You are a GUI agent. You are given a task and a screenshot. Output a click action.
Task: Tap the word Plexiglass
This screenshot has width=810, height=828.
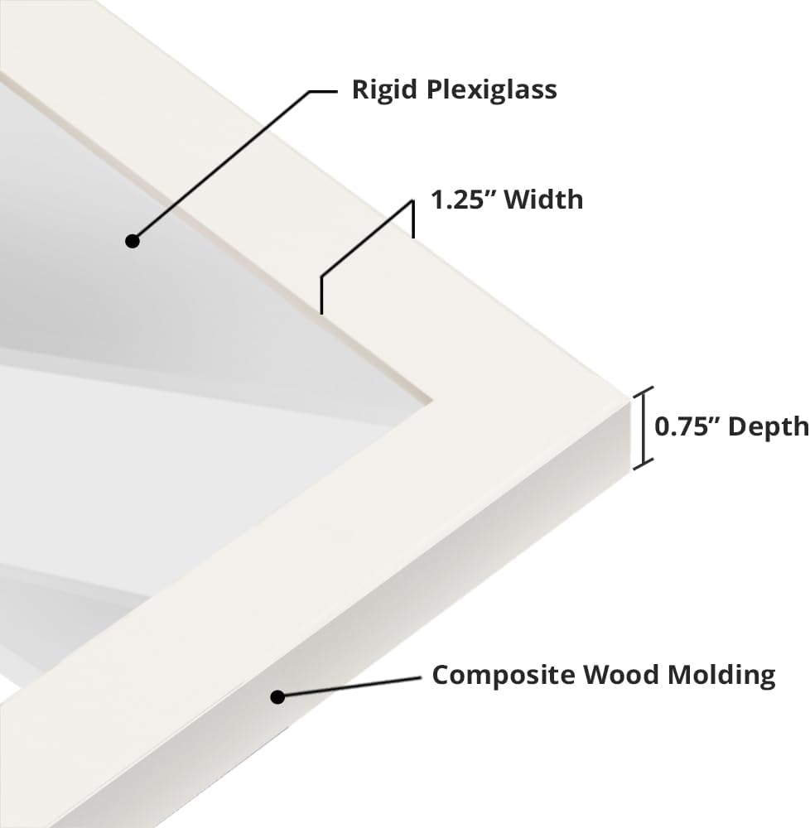pyautogui.click(x=492, y=90)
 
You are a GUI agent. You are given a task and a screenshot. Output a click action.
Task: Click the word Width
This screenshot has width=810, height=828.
pyautogui.click(x=543, y=200)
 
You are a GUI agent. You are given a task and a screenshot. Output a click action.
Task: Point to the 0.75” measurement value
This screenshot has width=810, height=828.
pyautogui.click(x=687, y=426)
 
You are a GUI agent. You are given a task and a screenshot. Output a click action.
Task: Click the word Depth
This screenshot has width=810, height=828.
pyautogui.click(x=769, y=426)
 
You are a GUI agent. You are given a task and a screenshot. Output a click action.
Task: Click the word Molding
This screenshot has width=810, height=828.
pyautogui.click(x=721, y=676)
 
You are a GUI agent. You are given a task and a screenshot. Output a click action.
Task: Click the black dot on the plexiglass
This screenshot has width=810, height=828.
pyautogui.click(x=133, y=241)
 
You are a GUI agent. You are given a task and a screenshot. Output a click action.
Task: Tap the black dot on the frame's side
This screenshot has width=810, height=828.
pyautogui.click(x=277, y=697)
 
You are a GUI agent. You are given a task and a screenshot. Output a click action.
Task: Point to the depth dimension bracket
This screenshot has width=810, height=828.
pyautogui.click(x=644, y=428)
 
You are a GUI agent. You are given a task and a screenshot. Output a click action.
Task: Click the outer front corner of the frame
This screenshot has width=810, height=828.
pyautogui.click(x=632, y=397)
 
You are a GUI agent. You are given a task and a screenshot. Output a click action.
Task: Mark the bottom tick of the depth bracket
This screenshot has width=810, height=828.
pyautogui.click(x=644, y=465)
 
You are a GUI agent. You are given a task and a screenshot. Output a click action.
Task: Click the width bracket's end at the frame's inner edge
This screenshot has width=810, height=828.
pyautogui.click(x=321, y=314)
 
